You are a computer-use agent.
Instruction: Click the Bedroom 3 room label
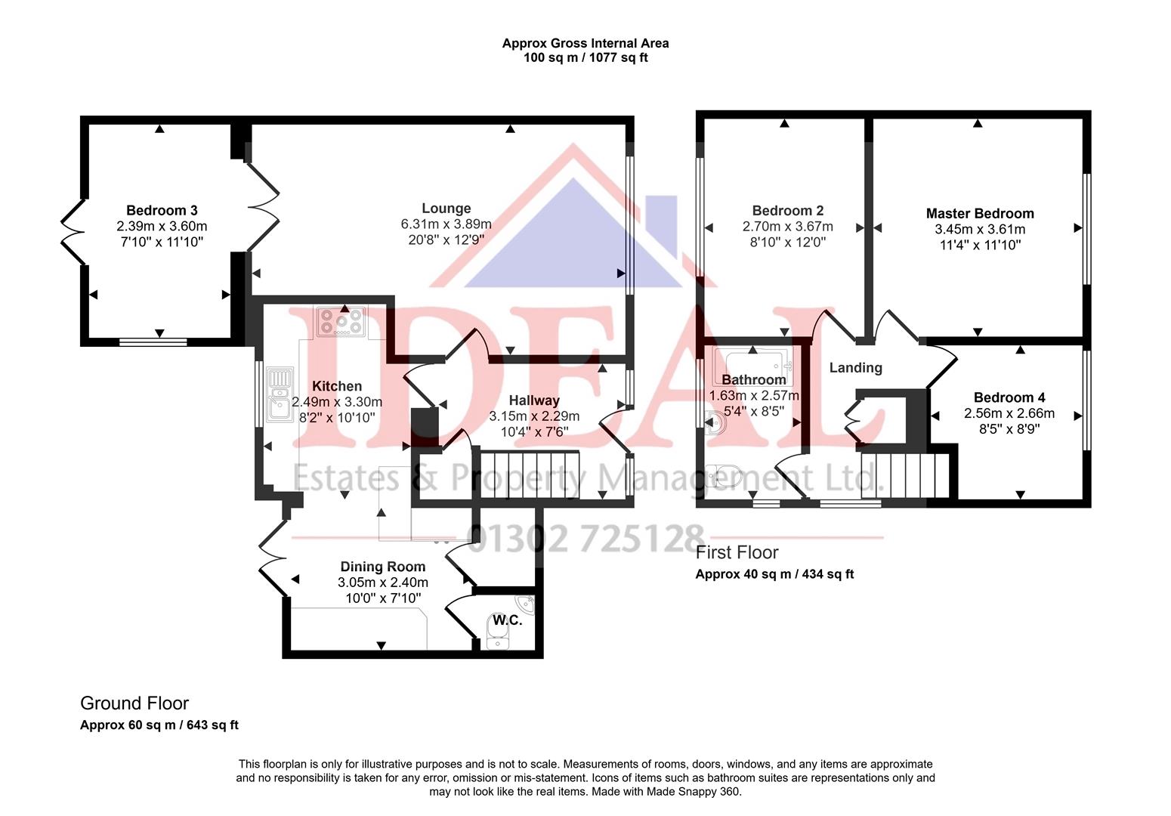tap(162, 210)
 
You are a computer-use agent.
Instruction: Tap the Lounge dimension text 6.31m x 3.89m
tap(446, 224)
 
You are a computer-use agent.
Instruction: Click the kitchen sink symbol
tap(280, 393)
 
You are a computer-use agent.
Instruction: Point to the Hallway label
tap(533, 400)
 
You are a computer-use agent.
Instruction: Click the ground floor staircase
tap(529, 474)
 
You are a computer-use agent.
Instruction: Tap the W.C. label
tap(507, 620)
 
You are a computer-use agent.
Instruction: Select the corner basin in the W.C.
tap(526, 604)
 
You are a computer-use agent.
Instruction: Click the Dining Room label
tap(382, 567)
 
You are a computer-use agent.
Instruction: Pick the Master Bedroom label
tap(980, 213)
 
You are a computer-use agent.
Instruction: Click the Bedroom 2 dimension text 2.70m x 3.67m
tap(787, 227)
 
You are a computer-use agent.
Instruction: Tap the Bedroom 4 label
tap(1009, 397)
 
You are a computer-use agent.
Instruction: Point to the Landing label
tap(855, 368)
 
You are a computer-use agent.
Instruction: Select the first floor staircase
tap(904, 474)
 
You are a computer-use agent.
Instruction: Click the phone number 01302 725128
tap(585, 538)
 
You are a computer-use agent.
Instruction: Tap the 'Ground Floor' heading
tap(134, 703)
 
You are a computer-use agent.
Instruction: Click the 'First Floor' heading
tap(737, 552)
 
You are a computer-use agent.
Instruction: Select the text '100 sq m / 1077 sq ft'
tap(585, 57)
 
